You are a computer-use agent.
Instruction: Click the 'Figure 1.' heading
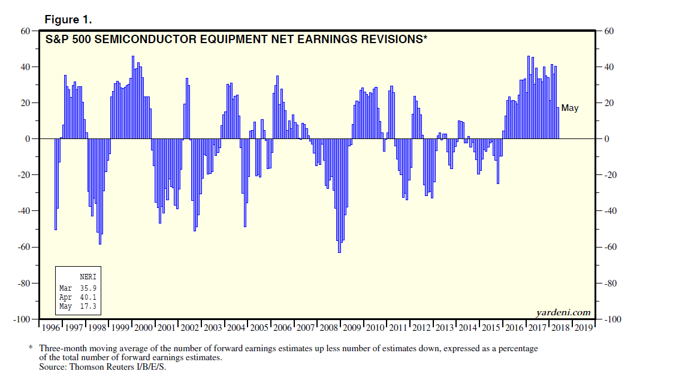68,20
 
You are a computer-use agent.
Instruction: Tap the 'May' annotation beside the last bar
570,108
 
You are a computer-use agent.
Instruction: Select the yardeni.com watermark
563,312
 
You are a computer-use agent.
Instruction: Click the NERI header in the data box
87,277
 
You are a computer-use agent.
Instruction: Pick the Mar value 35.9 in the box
87,288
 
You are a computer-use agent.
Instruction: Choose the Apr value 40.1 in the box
87,297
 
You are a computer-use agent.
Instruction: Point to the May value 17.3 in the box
87,306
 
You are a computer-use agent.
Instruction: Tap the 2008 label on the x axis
329,328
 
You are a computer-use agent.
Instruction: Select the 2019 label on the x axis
584,328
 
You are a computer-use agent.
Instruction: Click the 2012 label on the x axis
421,328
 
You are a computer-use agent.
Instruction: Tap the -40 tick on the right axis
608,211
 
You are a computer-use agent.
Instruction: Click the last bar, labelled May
558,123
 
